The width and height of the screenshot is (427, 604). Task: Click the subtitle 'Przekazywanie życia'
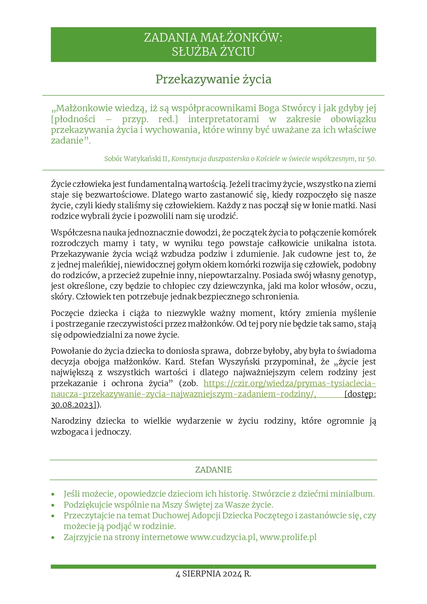(x=213, y=79)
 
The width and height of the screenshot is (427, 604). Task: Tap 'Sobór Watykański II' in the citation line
(x=136, y=159)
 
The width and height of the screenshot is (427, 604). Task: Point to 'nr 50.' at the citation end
(x=367, y=159)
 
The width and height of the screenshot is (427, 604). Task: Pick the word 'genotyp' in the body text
(x=360, y=275)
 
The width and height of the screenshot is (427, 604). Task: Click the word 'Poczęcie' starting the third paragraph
(x=67, y=313)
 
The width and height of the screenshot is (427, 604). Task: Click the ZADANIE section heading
(x=213, y=470)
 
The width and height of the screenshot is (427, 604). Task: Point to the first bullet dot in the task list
(x=53, y=494)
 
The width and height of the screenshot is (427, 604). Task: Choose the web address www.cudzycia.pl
(x=223, y=537)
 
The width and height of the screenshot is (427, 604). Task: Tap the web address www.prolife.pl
(x=288, y=537)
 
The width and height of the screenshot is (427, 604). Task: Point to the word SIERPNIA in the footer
(x=202, y=574)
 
